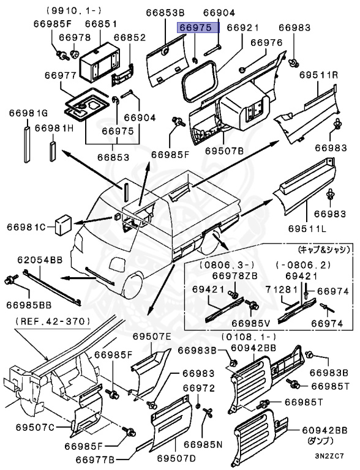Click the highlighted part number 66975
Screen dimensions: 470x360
click(195, 28)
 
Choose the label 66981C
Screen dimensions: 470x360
click(27, 228)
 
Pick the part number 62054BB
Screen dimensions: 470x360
click(39, 260)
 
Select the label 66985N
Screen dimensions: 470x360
click(203, 444)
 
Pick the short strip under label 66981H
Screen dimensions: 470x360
click(53, 149)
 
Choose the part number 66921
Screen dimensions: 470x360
click(243, 28)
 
